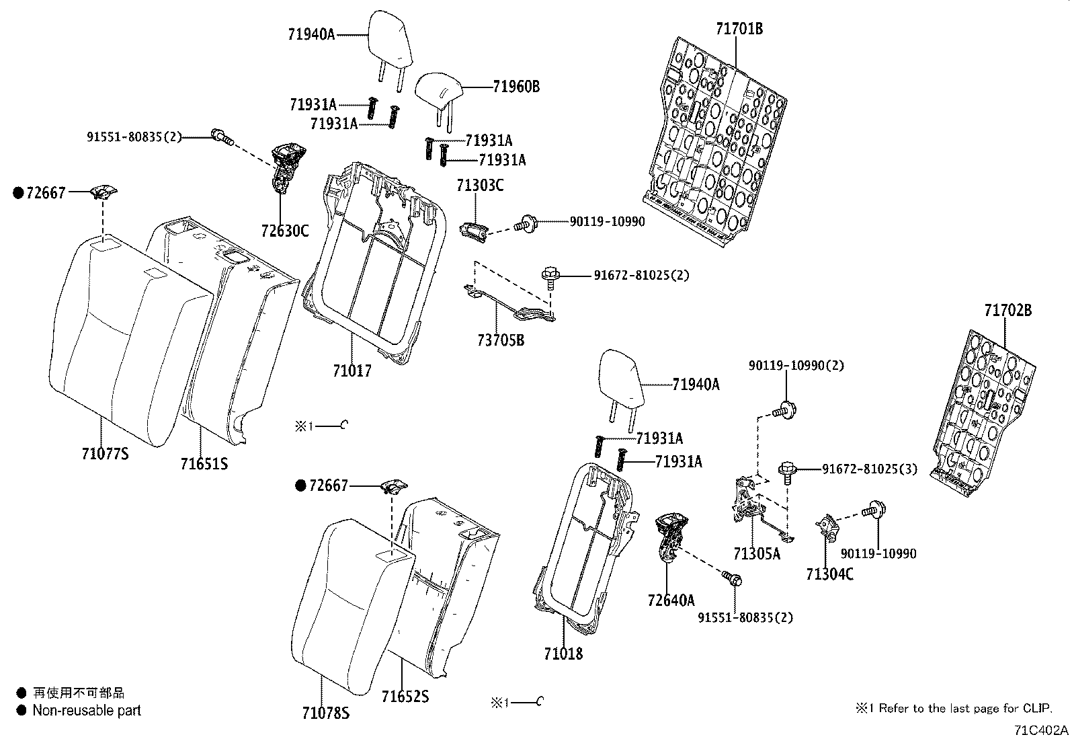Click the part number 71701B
pyautogui.click(x=739, y=29)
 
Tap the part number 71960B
pyautogui.click(x=516, y=87)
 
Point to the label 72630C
pyautogui.click(x=285, y=231)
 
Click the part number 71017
pyautogui.click(x=352, y=371)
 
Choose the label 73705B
pyautogui.click(x=501, y=341)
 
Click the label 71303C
pyautogui.click(x=480, y=186)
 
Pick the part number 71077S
pyautogui.click(x=104, y=454)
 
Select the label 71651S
pyautogui.click(x=204, y=463)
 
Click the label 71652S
pyautogui.click(x=405, y=697)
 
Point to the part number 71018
pyautogui.click(x=563, y=654)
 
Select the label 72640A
pyautogui.click(x=671, y=600)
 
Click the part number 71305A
pyautogui.click(x=757, y=554)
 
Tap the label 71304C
pyautogui.click(x=830, y=574)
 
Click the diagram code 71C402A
pyautogui.click(x=1041, y=730)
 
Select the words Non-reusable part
pyautogui.click(x=87, y=710)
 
